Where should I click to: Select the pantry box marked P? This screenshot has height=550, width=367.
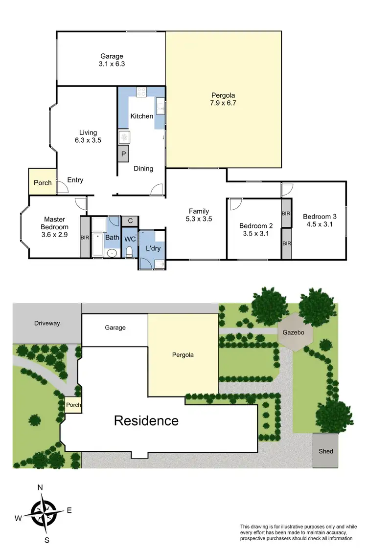123,154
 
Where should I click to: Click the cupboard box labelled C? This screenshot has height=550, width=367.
130,221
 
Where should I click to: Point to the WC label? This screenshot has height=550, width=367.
130,240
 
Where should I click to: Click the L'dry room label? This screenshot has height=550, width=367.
153,249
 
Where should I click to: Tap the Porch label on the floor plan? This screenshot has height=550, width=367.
43,183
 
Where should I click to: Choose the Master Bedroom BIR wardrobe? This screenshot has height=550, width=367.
85,237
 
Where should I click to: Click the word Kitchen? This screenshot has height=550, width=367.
141,116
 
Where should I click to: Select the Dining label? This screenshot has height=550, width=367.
143,169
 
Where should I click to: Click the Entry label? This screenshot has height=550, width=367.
75,180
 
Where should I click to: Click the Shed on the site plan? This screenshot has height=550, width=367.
325,451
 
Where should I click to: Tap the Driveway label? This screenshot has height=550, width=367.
47,323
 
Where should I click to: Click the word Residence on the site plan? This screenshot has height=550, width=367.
146,420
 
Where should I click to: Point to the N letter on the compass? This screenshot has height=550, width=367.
41,487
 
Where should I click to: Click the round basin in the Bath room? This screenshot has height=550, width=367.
112,253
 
